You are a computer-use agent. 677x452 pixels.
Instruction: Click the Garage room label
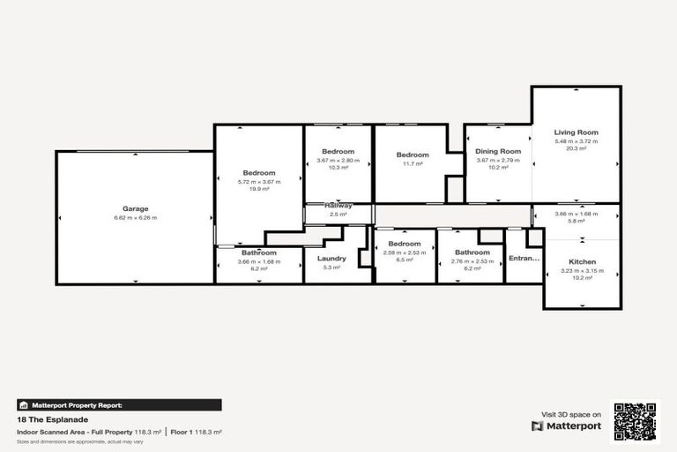point(135,208)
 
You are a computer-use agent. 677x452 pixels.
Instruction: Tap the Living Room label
point(576,132)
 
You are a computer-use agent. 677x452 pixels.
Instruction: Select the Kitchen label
point(582,261)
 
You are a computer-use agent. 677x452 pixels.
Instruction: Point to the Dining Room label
point(499,151)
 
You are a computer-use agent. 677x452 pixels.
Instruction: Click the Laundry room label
point(331,259)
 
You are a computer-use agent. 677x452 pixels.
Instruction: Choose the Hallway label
point(338,205)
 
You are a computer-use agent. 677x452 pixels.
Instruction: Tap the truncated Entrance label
point(524,259)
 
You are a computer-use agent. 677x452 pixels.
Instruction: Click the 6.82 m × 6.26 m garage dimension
point(135,217)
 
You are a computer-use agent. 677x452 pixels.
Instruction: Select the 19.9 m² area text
point(258,189)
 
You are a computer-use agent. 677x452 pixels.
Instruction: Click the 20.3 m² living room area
point(576,148)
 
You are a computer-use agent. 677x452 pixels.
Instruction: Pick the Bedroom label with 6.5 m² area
point(405,244)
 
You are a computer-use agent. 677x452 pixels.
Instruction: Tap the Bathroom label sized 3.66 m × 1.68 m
point(259,252)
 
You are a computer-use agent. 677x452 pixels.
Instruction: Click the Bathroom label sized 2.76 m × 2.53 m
point(472,252)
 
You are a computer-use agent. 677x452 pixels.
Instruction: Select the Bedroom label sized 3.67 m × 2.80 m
point(338,152)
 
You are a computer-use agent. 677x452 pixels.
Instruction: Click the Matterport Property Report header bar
point(119,405)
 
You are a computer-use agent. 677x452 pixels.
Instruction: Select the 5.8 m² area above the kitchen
point(576,221)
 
